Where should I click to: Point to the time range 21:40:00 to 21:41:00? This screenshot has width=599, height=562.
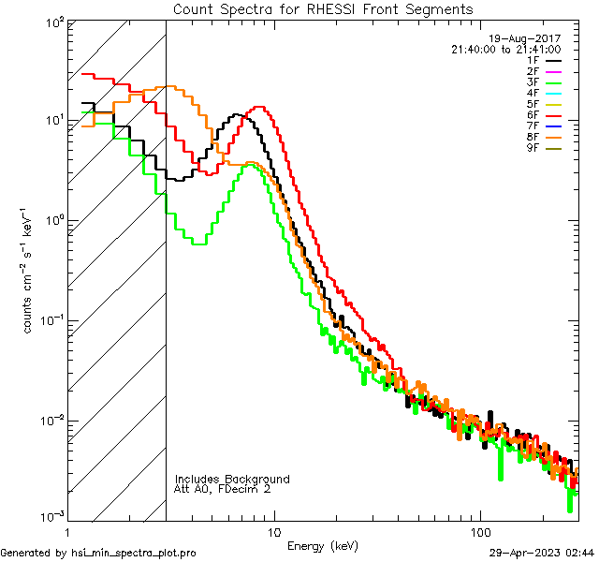(505, 49)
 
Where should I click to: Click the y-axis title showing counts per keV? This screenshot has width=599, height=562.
(30, 272)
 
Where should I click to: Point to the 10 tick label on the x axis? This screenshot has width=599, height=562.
(273, 531)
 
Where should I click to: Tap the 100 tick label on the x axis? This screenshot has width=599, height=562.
(479, 531)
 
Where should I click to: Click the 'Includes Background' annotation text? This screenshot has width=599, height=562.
(232, 479)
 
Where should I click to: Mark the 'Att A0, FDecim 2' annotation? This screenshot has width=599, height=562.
(223, 489)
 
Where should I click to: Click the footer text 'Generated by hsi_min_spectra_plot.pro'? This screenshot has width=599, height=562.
(98, 554)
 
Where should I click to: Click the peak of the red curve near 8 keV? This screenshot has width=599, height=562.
(259, 107)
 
